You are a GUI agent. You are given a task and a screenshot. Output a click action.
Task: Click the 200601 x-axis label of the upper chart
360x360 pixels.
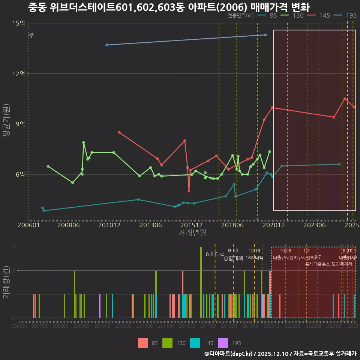29,225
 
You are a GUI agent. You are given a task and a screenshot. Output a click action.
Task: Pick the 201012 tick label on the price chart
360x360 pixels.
109,225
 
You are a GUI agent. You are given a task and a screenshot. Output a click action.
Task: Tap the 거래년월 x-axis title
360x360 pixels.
192,233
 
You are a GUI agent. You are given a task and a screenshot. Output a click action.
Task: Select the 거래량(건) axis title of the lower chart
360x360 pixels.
6,282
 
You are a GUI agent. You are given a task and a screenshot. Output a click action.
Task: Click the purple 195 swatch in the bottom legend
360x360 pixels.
223,343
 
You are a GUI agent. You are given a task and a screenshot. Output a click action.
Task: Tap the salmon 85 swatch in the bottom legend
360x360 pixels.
143,343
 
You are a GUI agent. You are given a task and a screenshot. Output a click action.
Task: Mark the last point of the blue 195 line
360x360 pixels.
265,35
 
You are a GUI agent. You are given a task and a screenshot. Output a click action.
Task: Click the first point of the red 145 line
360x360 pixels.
119,132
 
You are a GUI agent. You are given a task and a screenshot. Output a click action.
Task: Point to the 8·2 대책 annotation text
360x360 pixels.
215,254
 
